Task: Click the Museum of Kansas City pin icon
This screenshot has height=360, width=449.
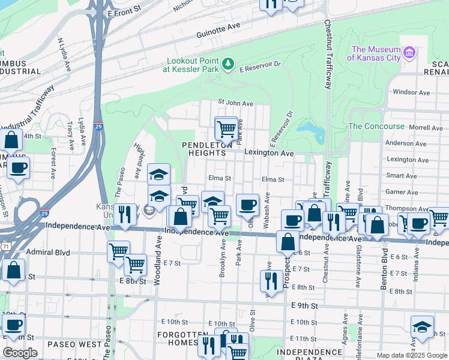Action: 410,53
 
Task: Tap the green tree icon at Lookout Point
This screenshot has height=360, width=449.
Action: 228,62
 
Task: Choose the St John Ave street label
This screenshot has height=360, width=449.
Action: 235,103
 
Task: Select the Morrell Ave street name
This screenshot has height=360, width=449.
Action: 426,128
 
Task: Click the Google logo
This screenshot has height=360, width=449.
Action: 20,353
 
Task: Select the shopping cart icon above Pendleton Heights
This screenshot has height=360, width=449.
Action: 226,128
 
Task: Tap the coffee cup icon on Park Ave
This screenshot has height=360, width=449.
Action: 247,205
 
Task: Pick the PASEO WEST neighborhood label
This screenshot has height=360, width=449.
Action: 66,344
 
